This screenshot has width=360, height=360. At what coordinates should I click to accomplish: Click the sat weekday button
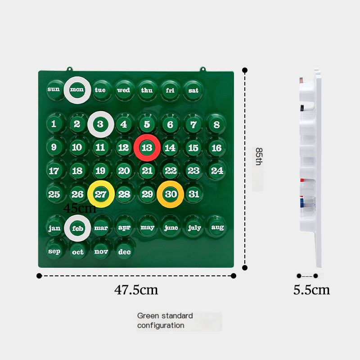[193, 90]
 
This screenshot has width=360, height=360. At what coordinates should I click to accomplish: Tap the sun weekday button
[54, 89]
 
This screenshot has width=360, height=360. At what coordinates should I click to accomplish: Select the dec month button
[124, 252]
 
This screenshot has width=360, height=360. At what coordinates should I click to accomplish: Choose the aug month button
[217, 227]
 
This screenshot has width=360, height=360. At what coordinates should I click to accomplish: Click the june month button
[171, 228]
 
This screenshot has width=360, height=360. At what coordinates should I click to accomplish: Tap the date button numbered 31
[193, 194]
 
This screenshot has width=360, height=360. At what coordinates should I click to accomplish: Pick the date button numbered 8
[216, 125]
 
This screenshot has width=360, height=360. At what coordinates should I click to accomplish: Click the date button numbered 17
[54, 171]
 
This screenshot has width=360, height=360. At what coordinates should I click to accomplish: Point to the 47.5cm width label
[136, 290]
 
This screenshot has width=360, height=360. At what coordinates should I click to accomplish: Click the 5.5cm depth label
[311, 290]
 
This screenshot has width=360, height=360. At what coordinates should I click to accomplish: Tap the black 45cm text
[80, 208]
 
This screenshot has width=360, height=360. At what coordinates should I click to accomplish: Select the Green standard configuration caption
[165, 320]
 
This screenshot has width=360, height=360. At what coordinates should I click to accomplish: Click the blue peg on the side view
[302, 203]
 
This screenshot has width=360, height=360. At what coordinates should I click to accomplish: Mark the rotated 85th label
[259, 156]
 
